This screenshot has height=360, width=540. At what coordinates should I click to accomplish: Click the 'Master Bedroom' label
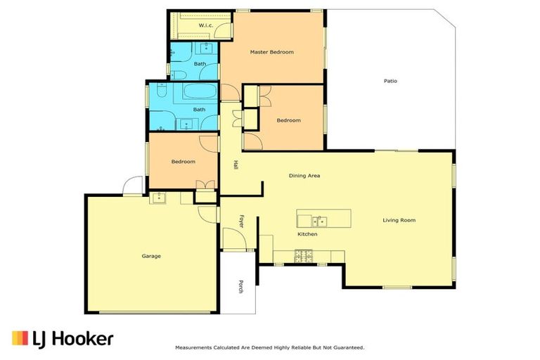(271, 52)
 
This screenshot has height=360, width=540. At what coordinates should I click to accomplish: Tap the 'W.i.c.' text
(205, 25)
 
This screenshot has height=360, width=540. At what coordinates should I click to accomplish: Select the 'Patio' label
(390, 81)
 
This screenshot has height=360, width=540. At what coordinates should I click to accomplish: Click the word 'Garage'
(151, 256)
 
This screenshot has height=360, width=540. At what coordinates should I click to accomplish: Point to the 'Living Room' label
(399, 220)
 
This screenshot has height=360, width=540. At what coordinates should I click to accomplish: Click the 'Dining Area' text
(304, 176)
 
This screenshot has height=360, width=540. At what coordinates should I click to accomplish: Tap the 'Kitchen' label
(307, 234)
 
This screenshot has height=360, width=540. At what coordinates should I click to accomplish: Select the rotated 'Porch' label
(240, 286)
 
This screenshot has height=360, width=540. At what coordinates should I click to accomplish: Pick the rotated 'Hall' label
(236, 165)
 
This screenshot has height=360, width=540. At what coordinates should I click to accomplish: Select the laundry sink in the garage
(157, 197)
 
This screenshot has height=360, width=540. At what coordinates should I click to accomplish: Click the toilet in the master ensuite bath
(176, 75)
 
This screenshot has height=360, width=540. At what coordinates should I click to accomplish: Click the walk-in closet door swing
(223, 30)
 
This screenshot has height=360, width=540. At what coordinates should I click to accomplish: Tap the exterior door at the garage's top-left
(131, 186)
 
